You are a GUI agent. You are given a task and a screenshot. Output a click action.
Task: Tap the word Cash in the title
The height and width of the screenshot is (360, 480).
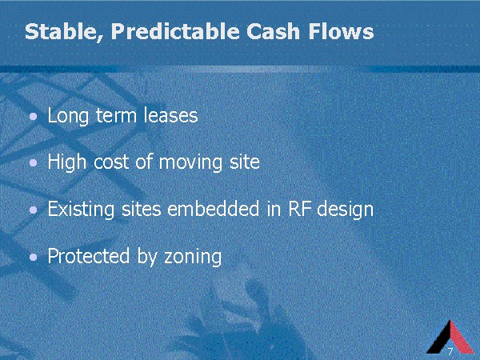(x=273, y=31)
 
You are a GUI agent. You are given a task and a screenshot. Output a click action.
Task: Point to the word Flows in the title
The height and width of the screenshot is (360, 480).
(x=342, y=31)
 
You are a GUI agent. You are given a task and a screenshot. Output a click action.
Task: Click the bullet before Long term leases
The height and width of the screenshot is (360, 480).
(x=34, y=116)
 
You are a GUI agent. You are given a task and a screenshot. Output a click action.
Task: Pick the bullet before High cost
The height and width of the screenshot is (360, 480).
(x=34, y=163)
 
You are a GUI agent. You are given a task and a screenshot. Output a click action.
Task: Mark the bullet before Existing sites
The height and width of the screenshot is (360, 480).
(x=34, y=210)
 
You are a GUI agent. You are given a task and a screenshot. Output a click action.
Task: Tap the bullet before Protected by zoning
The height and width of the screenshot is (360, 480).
(x=34, y=257)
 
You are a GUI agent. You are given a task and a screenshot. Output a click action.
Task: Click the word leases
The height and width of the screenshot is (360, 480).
(x=171, y=115)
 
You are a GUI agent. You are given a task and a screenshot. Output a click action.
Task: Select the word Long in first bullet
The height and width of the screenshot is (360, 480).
(x=68, y=116)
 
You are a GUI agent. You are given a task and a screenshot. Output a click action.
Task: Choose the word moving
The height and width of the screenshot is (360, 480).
(x=190, y=163)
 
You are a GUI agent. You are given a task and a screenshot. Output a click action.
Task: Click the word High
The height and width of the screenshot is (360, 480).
(x=66, y=162)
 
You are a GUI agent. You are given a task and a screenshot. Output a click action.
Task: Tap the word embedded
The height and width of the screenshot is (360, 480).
(x=214, y=209)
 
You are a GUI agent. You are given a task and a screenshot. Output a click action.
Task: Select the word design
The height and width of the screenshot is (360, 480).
(x=346, y=210)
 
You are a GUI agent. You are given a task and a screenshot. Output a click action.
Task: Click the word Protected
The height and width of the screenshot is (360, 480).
(x=89, y=256)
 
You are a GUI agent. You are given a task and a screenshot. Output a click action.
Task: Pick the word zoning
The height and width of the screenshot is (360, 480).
(x=193, y=257)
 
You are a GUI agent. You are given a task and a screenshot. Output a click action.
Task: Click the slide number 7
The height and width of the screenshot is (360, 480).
(x=450, y=351)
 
